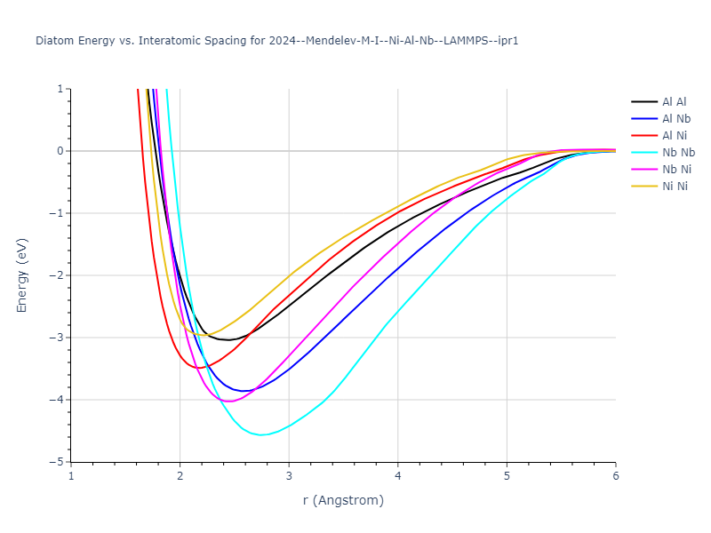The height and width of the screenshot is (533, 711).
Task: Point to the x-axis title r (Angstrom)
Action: pos(343,501)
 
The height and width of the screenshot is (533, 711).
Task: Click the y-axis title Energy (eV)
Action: pos(23,275)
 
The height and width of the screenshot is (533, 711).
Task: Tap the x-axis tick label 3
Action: pos(289,475)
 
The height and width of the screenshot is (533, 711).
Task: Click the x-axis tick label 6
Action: pos(615,475)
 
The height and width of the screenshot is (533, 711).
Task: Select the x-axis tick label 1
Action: pos(71,475)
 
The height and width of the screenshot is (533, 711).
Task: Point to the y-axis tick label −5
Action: pos(59,462)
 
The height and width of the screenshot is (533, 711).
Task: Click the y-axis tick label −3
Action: pos(59,338)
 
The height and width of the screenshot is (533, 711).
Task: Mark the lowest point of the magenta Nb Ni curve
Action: pos(228,402)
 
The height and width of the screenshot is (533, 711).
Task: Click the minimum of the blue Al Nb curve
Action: pos(243,391)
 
